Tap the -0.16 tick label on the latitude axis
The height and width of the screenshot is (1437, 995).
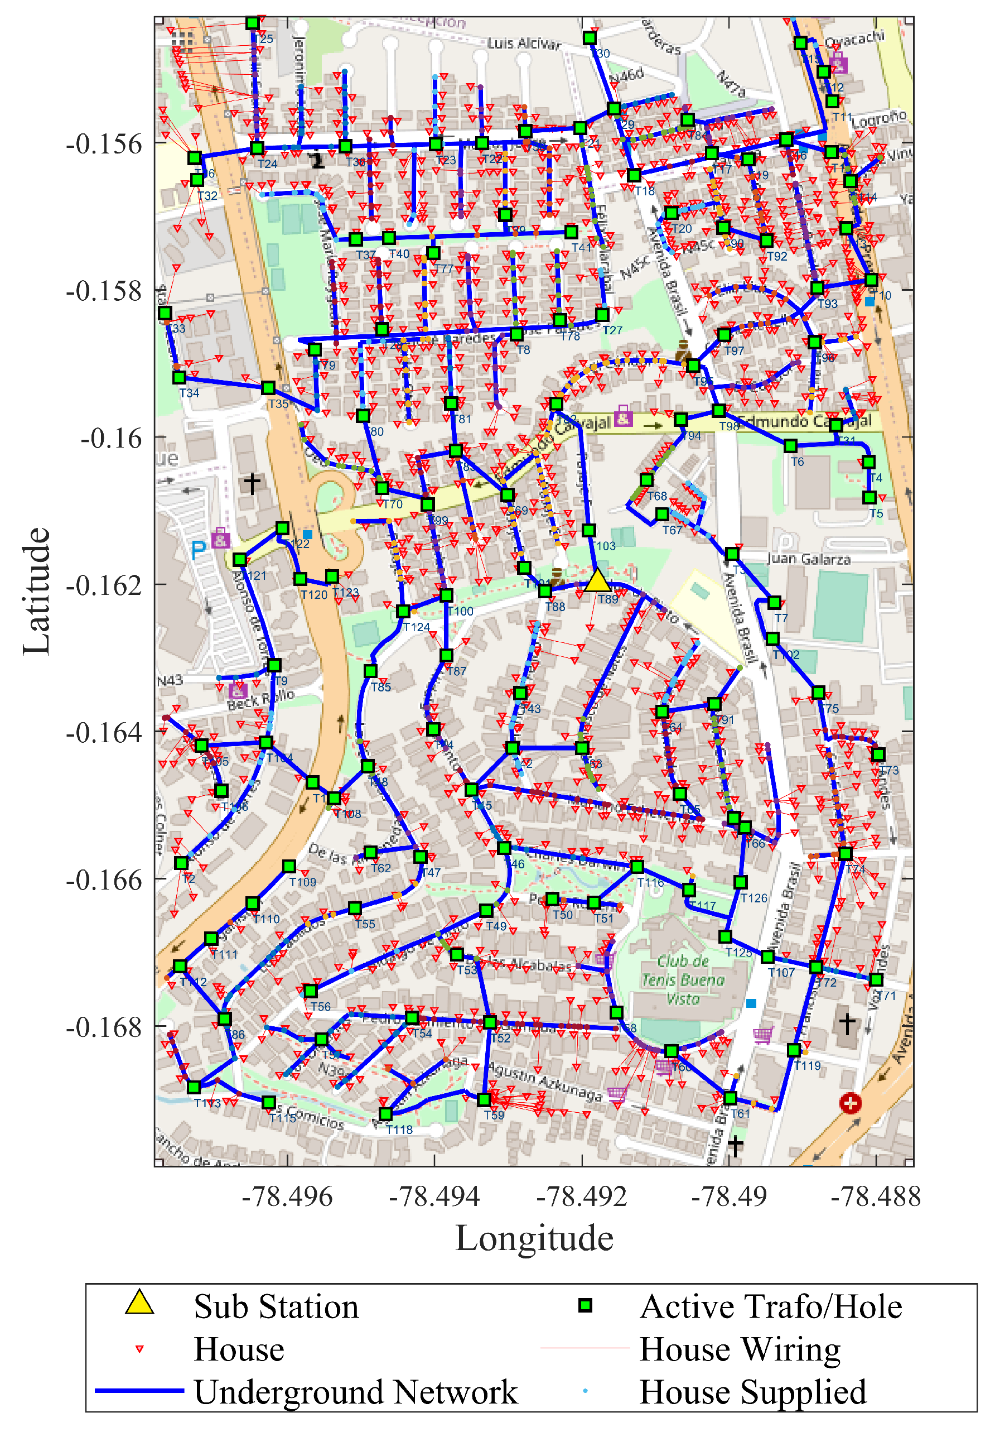click(112, 439)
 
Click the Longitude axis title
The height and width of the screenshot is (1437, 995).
click(534, 1237)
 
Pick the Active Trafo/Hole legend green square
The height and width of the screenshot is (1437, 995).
click(585, 1305)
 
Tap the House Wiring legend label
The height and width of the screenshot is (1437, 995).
click(740, 1348)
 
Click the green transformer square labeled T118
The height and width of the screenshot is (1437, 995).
click(386, 1114)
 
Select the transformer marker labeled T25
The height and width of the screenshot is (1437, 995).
click(253, 23)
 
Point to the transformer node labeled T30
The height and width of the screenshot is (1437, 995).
click(590, 38)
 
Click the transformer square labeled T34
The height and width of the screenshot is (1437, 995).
click(179, 377)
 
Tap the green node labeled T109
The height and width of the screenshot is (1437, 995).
click(289, 866)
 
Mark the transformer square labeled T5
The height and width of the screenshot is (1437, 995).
click(869, 497)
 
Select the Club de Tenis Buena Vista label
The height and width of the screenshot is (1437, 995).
click(683, 980)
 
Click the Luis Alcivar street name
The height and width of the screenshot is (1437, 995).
click(524, 44)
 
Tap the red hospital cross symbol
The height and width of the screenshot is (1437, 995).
click(851, 1103)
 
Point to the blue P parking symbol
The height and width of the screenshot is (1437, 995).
click(198, 550)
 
